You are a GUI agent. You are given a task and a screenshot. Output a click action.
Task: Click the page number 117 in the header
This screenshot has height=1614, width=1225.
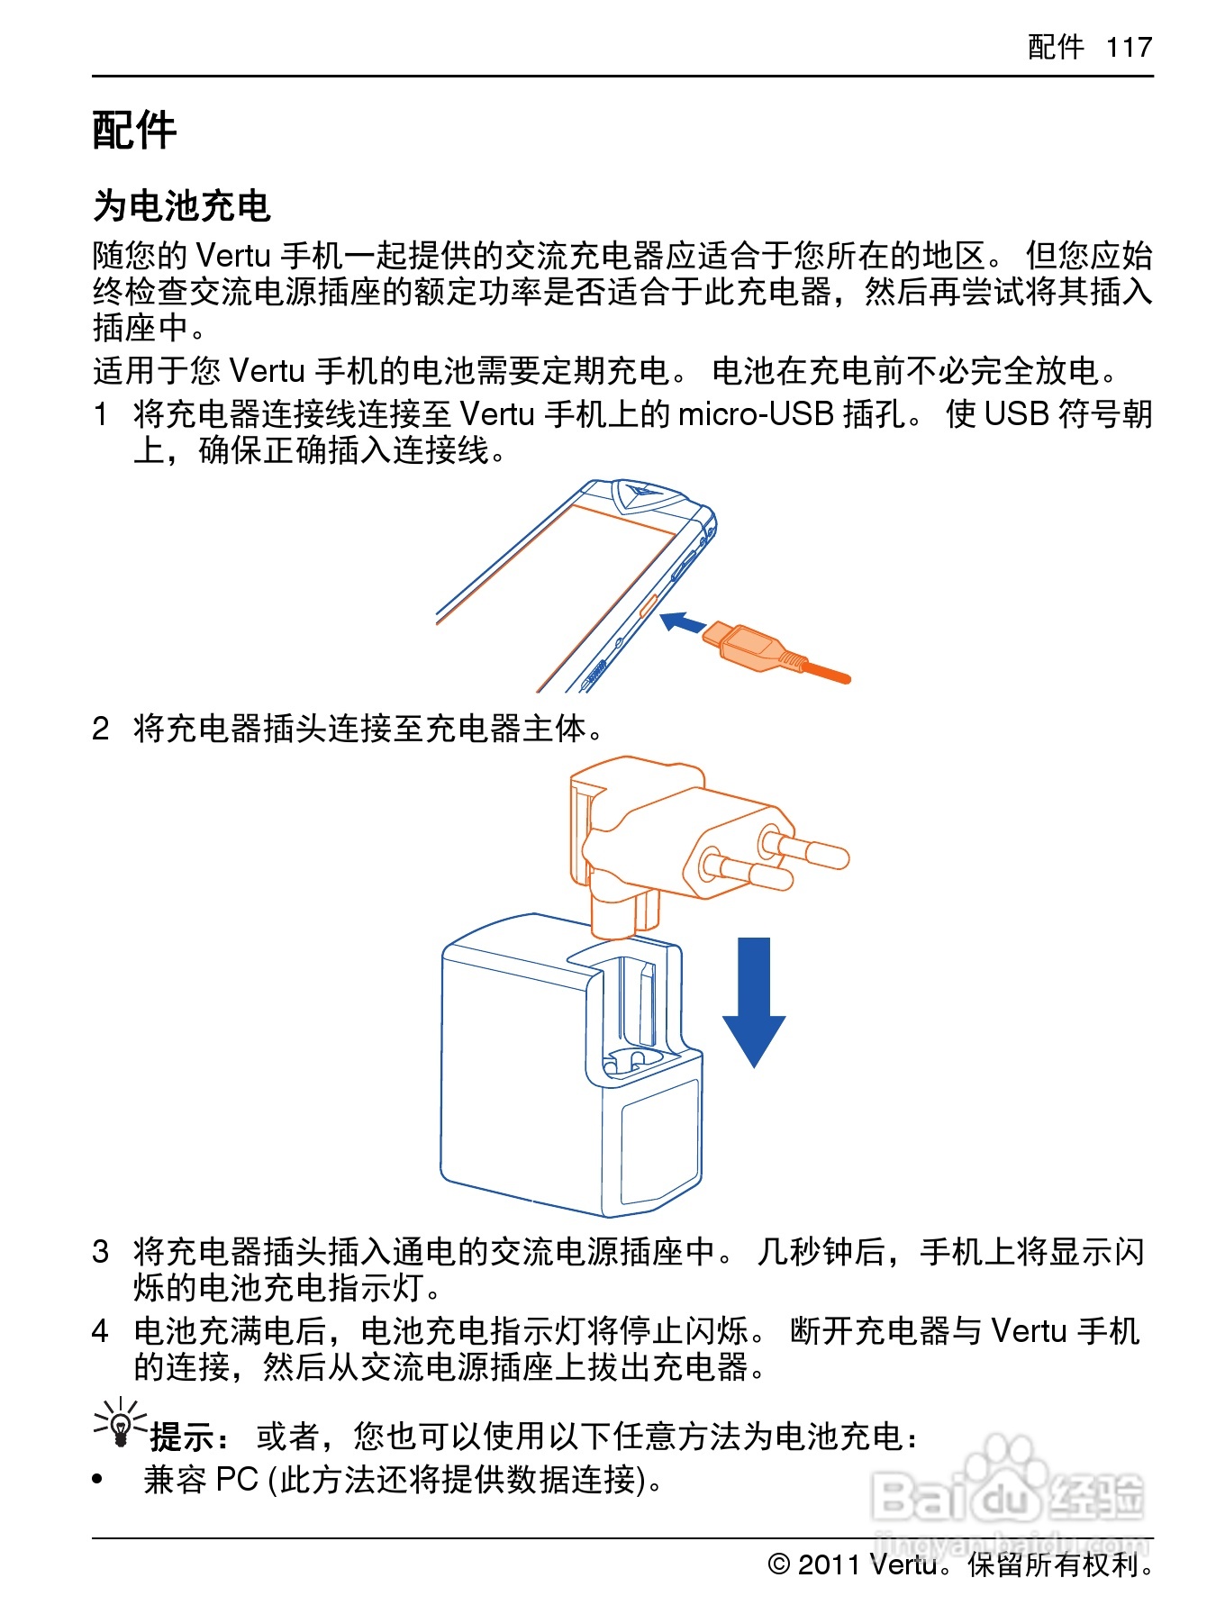(x=1129, y=47)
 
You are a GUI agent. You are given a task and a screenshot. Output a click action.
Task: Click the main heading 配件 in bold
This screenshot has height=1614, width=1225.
(x=134, y=131)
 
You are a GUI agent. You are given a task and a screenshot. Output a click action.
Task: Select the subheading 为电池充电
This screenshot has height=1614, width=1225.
(x=181, y=206)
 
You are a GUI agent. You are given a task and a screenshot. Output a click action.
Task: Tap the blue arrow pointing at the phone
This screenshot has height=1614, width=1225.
(x=683, y=622)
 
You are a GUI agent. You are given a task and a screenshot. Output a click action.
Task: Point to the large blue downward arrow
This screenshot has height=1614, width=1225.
(x=754, y=1001)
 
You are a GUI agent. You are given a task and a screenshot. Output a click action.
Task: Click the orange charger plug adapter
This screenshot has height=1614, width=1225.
(x=685, y=838)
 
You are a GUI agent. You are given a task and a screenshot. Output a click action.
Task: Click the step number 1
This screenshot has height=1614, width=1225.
(x=102, y=415)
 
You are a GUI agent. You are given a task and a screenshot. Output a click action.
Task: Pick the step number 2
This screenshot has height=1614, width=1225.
(x=102, y=729)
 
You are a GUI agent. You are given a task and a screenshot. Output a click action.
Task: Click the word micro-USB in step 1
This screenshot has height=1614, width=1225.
(x=755, y=414)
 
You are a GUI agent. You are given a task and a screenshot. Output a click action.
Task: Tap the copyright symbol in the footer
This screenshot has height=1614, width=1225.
(x=779, y=1564)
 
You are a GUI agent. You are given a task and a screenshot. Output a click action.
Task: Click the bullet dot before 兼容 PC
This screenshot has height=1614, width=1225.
(x=98, y=1479)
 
